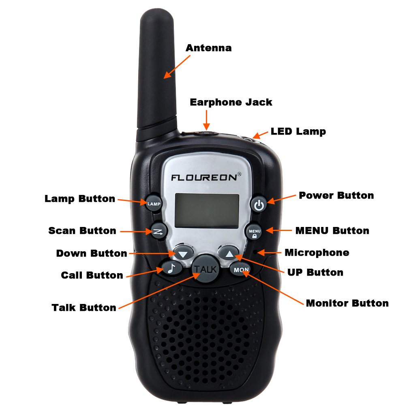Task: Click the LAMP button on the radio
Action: pos(154,204)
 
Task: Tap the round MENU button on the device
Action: pos(255,232)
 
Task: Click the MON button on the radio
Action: pos(241,269)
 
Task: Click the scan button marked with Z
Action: pos(158,231)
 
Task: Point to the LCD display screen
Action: pos(207,210)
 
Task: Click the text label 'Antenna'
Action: pos(208,48)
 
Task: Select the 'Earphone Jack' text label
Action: pos(231,102)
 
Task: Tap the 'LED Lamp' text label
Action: pos(298,131)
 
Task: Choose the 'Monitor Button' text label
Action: pos(347,303)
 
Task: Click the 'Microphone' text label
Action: pos(317,253)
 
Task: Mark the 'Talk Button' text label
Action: pos(84,308)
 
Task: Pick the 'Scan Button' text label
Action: pos(82,231)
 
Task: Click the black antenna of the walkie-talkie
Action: pos(158,73)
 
